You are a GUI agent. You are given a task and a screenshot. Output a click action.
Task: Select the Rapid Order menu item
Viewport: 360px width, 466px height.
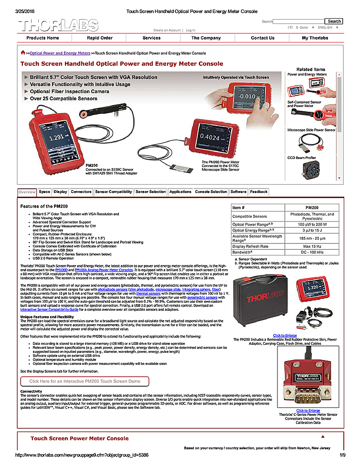[100, 38]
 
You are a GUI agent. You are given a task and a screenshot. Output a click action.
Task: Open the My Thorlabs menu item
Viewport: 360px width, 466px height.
[315, 38]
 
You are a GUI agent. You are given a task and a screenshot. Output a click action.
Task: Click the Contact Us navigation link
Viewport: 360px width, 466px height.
[263, 38]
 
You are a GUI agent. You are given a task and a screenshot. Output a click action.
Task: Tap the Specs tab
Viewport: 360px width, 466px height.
[44, 192]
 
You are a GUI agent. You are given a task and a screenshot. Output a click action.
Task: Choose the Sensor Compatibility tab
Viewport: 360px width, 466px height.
[114, 192]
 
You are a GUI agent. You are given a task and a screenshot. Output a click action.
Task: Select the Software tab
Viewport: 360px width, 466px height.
[238, 192]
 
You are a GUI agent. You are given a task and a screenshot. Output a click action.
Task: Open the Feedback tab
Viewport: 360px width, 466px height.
[259, 192]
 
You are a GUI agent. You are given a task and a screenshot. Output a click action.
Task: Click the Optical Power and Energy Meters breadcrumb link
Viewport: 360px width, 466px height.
[60, 53]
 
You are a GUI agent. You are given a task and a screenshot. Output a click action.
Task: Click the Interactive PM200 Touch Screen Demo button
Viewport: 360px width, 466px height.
[85, 381]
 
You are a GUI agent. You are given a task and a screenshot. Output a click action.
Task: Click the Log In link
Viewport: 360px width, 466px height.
[191, 30]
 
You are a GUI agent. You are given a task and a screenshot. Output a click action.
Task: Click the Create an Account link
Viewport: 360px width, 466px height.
[167, 30]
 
